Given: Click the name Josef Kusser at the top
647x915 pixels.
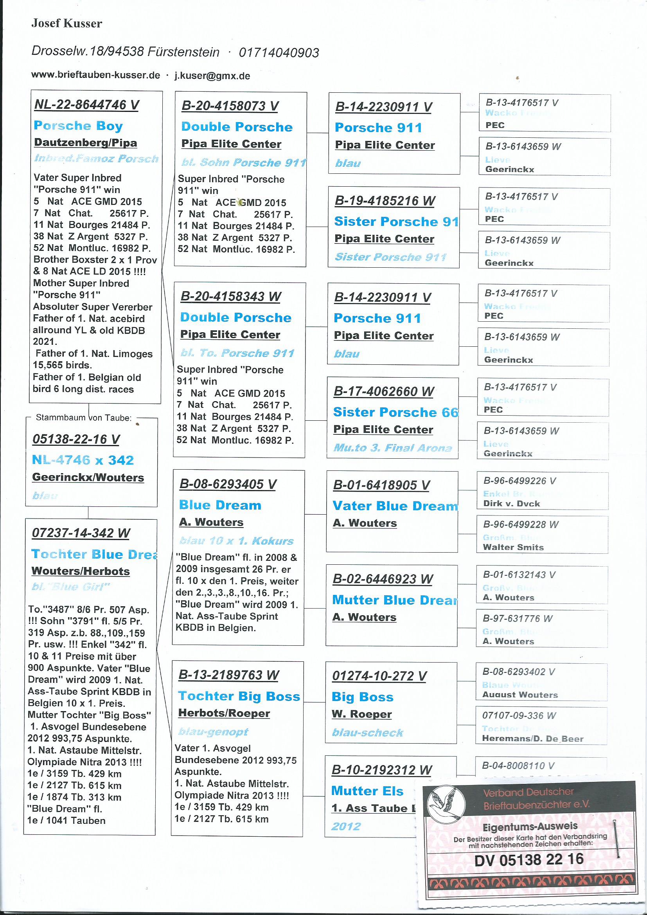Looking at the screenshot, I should [x=66, y=24].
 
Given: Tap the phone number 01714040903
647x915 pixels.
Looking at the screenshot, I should [x=279, y=52].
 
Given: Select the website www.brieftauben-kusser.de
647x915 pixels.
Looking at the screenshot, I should [x=95, y=75].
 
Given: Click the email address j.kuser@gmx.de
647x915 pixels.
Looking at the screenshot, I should [x=212, y=76].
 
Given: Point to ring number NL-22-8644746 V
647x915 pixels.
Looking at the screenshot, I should [x=87, y=105].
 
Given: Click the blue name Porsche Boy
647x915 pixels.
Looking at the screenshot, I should [x=78, y=126].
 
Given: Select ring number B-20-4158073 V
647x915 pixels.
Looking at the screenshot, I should [x=230, y=106].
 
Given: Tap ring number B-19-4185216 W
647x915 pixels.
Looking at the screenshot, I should [x=385, y=201].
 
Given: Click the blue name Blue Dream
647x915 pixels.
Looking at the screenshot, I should [x=220, y=505].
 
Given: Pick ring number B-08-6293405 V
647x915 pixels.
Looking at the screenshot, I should [x=228, y=484].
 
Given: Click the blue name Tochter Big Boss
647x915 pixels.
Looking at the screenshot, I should [x=239, y=696].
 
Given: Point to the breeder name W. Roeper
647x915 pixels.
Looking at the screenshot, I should [x=361, y=714].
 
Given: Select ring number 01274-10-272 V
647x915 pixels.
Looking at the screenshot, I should [x=379, y=676].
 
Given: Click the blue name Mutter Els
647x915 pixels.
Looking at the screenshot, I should [x=367, y=791].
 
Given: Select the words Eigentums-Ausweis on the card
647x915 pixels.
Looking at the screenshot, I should [x=530, y=827].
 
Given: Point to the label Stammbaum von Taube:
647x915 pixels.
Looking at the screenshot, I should [x=84, y=418].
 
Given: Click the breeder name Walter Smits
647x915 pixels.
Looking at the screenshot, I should [x=513, y=547].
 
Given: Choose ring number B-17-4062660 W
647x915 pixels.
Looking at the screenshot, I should [x=383, y=391].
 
